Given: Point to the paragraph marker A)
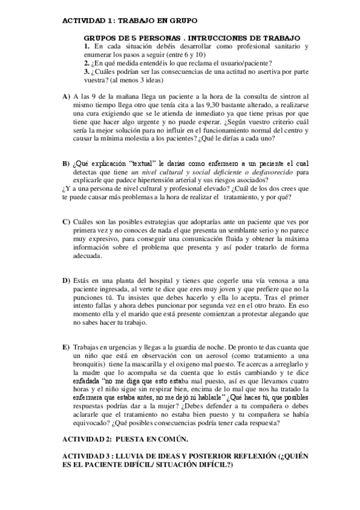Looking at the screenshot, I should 66,96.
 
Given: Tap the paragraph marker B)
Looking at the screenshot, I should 66,164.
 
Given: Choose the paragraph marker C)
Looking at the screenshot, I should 66,222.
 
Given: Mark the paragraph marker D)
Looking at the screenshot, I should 66,280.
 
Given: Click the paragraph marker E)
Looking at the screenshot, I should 66,348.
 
